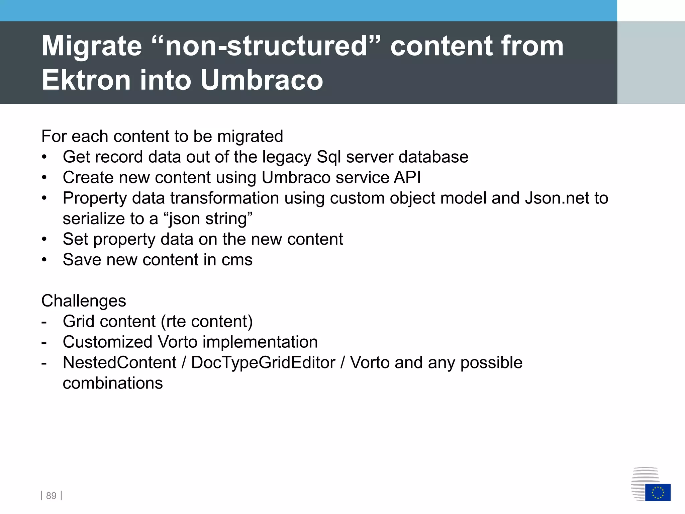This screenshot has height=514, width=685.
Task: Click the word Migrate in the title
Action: click(92, 46)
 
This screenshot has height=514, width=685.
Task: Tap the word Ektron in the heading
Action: click(86, 80)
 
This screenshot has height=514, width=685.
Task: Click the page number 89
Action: click(51, 496)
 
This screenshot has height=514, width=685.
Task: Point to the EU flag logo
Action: click(658, 492)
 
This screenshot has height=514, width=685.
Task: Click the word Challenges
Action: click(84, 301)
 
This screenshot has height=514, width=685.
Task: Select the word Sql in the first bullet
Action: click(329, 157)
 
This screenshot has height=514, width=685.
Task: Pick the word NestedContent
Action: click(119, 362)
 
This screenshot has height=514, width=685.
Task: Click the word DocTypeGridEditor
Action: click(263, 362)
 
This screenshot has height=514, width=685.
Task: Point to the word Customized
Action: click(108, 342)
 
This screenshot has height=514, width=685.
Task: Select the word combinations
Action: click(113, 383)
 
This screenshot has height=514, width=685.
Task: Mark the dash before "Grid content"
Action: click(44, 322)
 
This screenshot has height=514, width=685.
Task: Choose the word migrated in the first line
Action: click(250, 137)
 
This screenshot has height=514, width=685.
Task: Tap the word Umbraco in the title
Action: click(262, 80)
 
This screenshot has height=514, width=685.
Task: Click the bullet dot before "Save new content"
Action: click(44, 260)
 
